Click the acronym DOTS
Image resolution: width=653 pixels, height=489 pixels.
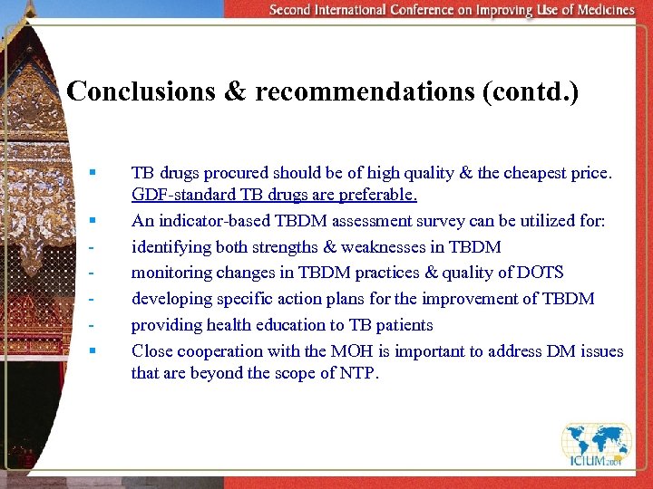[x=540, y=273]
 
